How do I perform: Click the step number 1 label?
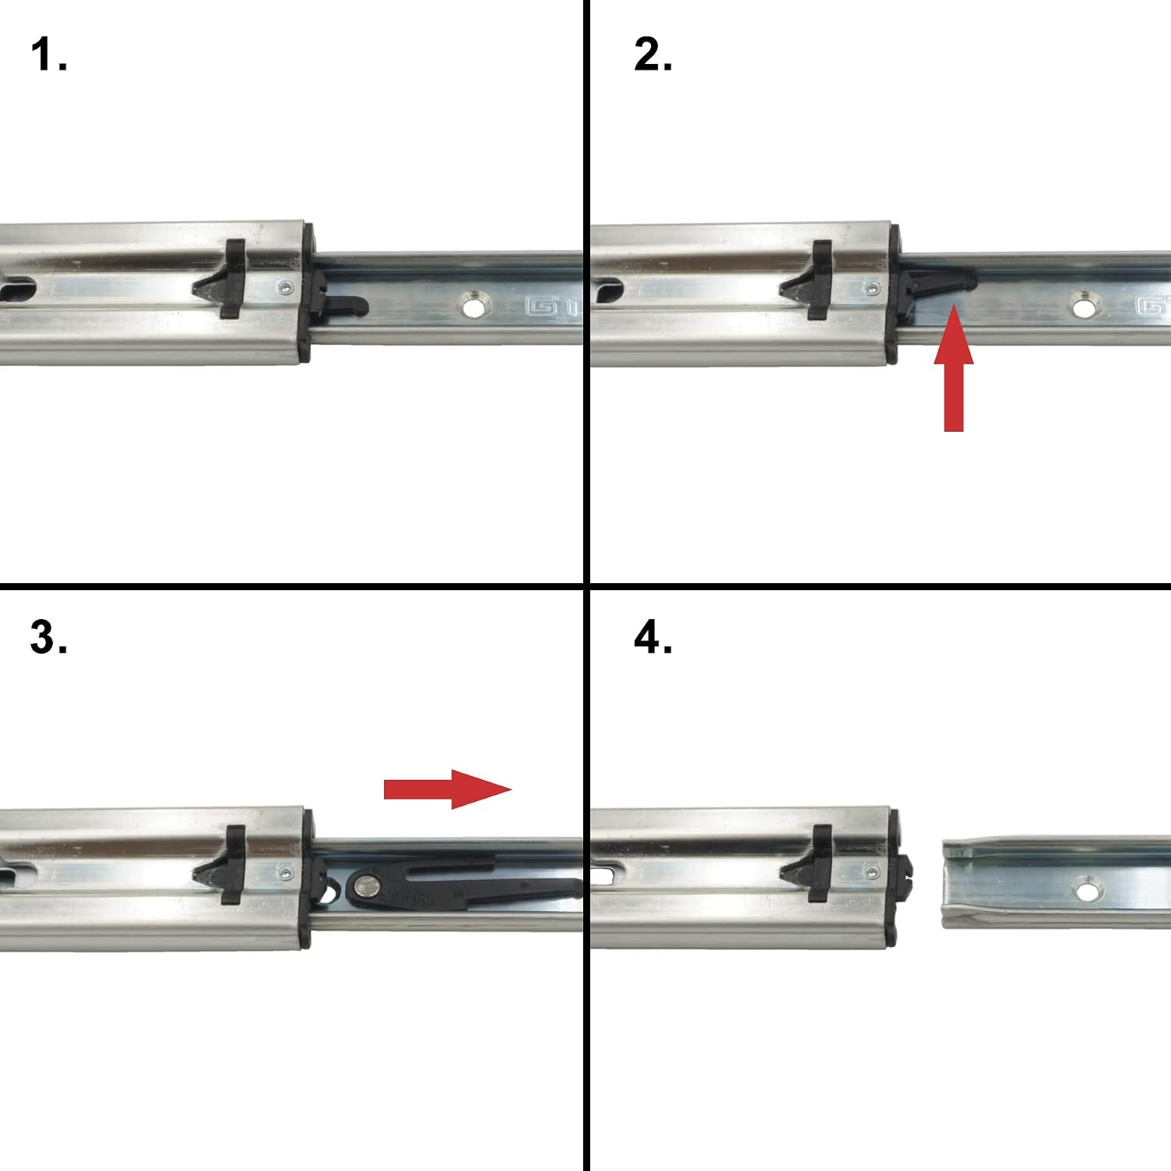click(48, 55)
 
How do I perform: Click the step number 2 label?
click(653, 55)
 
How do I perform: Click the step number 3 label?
click(48, 637)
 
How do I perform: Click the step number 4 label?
click(653, 637)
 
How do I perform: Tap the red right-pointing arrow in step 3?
click(447, 788)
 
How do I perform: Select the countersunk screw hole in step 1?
click(473, 306)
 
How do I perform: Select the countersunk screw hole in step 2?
click(1083, 306)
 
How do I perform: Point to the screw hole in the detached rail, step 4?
click(1088, 889)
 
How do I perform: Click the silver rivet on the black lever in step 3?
click(366, 885)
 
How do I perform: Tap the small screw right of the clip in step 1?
click(287, 289)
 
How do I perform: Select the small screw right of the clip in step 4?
click(872, 873)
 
